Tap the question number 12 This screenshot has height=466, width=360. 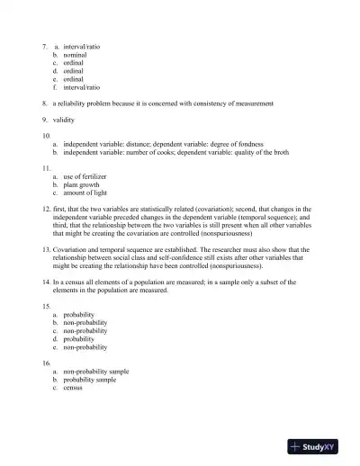pyautogui.click(x=46, y=209)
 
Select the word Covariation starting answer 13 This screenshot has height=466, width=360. pyautogui.click(x=73, y=249)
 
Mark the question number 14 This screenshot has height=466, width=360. pyautogui.click(x=46, y=282)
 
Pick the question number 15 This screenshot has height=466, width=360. pyautogui.click(x=46, y=307)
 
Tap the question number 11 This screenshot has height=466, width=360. pyautogui.click(x=46, y=168)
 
